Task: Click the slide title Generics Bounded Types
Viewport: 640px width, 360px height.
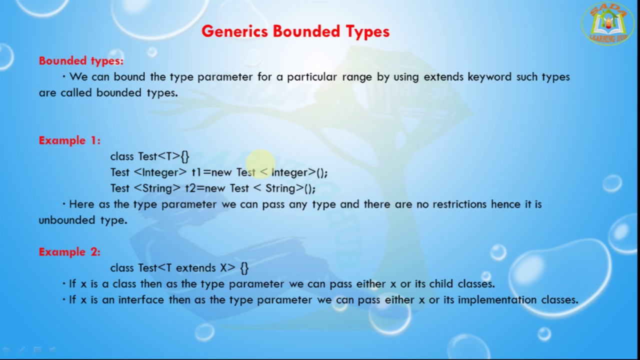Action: tap(295, 31)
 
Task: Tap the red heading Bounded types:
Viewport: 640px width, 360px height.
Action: tap(81, 61)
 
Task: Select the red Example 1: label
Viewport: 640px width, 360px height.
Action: tap(69, 140)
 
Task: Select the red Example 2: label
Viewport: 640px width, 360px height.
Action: tap(69, 252)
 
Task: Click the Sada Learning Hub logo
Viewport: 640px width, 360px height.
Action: tap(607, 23)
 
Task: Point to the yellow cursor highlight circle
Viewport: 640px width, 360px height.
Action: tap(259, 164)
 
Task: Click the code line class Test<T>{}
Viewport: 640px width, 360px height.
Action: tap(149, 156)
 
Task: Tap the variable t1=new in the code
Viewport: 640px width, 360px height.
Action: tap(211, 172)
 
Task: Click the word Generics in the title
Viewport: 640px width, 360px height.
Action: tap(235, 31)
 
